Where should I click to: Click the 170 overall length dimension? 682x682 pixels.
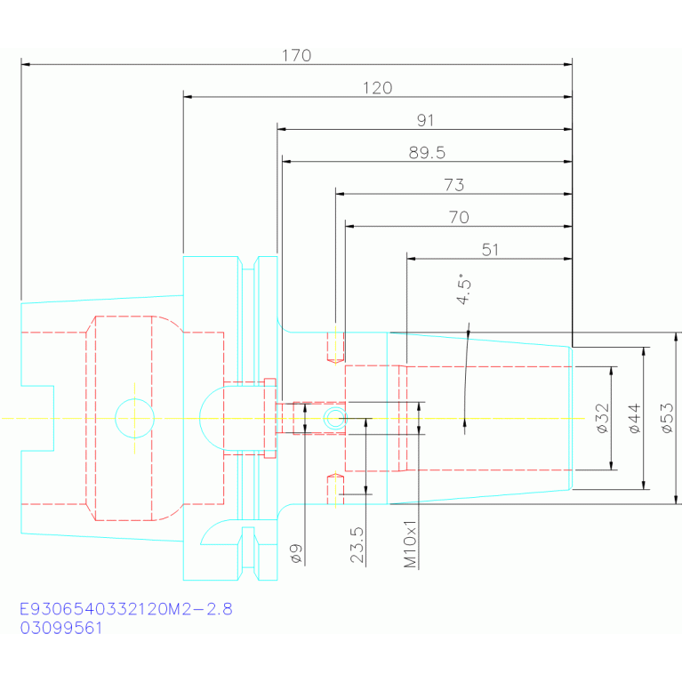coord(296,56)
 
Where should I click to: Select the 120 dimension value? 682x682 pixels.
coord(378,88)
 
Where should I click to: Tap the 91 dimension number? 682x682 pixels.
coord(425,120)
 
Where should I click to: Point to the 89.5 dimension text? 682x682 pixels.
coord(427,153)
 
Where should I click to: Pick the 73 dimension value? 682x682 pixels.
coord(454,185)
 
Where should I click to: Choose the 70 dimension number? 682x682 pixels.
coord(459,218)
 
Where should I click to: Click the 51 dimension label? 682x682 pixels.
coord(490,250)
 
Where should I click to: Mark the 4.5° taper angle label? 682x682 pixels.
coord(463,289)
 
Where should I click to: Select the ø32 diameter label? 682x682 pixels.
coord(602,419)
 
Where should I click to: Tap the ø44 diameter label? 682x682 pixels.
coord(635,419)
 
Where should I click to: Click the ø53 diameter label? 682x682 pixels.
coord(667,419)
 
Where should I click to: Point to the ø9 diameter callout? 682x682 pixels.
coord(296,554)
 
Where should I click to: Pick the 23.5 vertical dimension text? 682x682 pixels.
coord(357,545)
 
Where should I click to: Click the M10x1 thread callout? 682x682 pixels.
coord(410,544)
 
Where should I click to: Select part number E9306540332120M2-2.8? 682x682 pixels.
coord(126,609)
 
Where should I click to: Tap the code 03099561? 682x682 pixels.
coord(60,628)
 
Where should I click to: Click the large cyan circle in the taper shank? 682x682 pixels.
coord(135,399)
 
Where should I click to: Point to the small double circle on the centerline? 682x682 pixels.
coord(335,419)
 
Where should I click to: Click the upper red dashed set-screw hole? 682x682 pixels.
coord(335,347)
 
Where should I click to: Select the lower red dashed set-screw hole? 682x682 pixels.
coord(335,490)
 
